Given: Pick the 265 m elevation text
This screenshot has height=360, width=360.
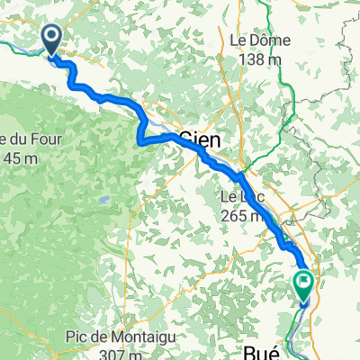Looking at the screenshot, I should tap(241, 215).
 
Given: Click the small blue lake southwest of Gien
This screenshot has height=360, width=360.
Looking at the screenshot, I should tap(105, 200).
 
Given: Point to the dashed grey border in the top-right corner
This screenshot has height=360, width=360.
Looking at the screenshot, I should tap(335, 36).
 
